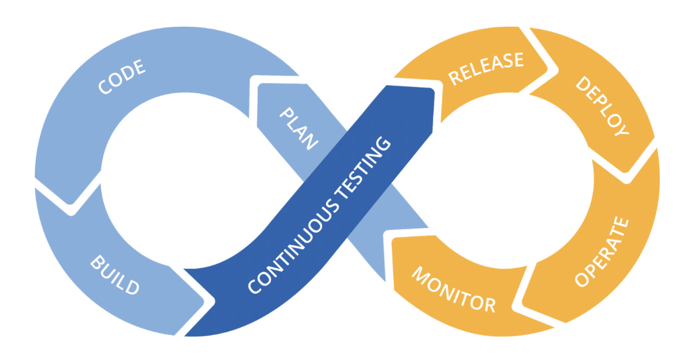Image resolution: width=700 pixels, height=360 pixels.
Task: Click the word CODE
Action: coord(122,77)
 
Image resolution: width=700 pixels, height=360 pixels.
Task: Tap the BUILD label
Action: coord(115,274)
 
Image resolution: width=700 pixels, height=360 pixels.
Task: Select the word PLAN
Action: coord(298,128)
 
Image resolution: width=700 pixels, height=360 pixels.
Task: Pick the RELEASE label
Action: coord(486,67)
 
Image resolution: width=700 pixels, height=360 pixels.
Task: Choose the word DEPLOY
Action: coord(602,105)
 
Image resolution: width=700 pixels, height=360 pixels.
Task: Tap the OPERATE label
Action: coord(602,252)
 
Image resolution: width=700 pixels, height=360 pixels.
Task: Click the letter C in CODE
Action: coord(104,88)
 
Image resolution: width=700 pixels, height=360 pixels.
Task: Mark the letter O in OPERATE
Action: coord(583,280)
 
